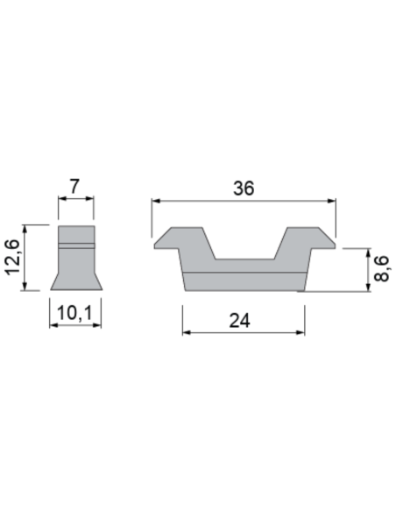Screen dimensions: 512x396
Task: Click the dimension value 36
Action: (x=244, y=188)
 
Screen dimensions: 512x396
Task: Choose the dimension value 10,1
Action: (x=75, y=313)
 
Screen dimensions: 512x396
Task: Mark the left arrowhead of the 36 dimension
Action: (x=157, y=201)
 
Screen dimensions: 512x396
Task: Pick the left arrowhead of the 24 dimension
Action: (x=187, y=333)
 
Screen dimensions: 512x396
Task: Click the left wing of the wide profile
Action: (x=182, y=239)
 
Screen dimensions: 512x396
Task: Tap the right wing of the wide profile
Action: (x=307, y=239)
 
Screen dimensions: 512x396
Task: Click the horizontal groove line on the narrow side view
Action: (x=75, y=243)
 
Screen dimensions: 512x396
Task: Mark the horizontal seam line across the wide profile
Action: (x=245, y=273)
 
